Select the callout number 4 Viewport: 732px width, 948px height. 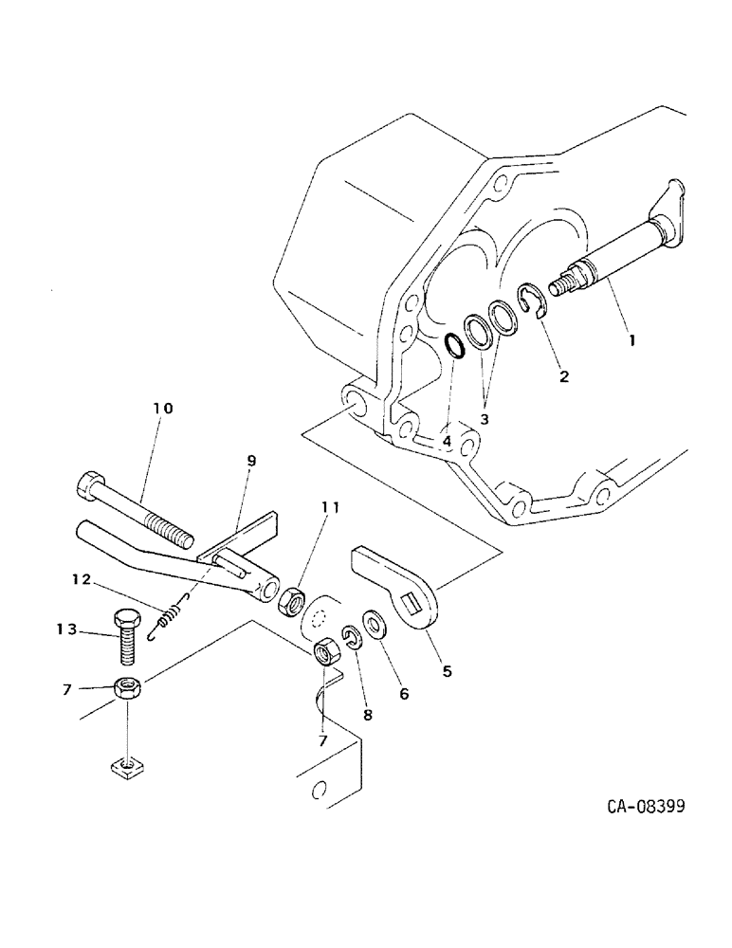point(446,441)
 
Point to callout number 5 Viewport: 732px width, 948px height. point(447,672)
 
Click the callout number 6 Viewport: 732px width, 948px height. point(404,694)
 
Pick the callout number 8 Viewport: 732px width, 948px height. point(368,715)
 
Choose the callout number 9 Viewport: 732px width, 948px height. point(251,461)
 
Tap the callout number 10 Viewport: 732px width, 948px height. point(162,409)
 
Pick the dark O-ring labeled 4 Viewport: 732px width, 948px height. point(454,345)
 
